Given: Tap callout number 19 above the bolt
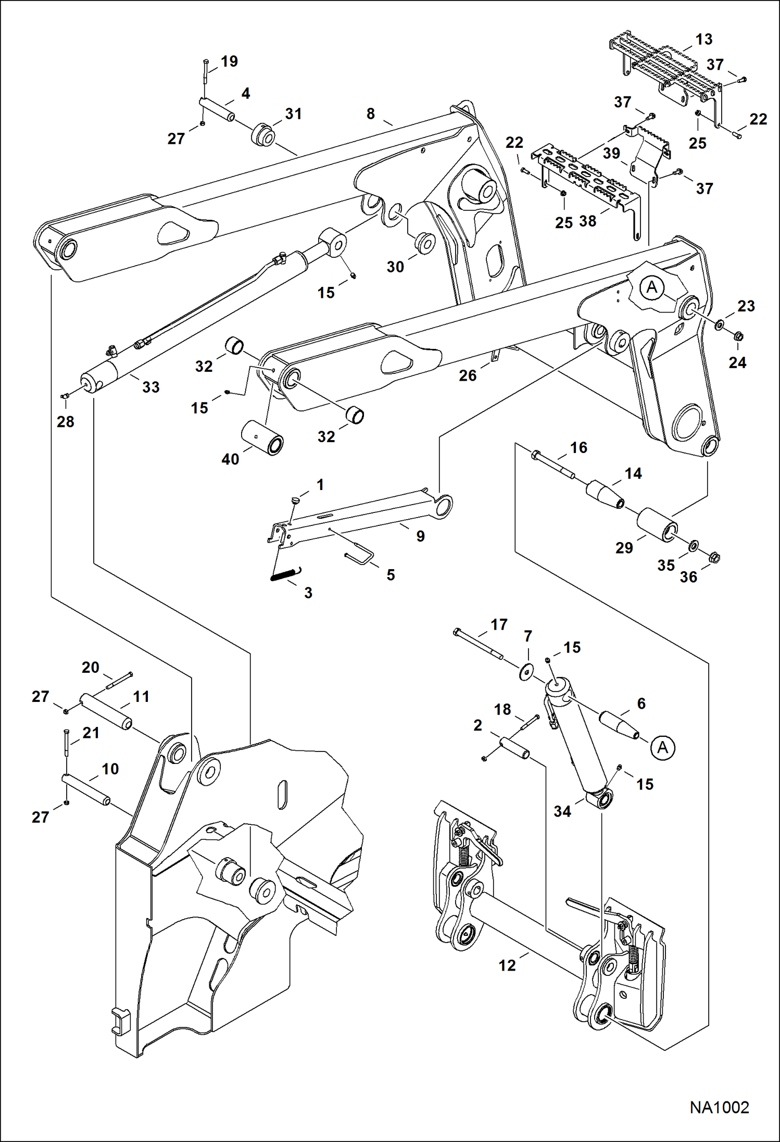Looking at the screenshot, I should click(229, 61).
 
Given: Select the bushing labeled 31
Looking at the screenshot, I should click(264, 135).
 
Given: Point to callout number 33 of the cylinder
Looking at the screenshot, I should click(150, 387).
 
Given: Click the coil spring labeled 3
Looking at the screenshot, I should click(286, 573).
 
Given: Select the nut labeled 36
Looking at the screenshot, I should click(714, 558).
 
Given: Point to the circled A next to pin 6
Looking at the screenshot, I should click(662, 748).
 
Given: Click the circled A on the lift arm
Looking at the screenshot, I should click(652, 287).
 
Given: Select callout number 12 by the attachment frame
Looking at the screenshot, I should click(507, 965).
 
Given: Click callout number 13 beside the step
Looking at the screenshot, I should click(703, 40).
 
